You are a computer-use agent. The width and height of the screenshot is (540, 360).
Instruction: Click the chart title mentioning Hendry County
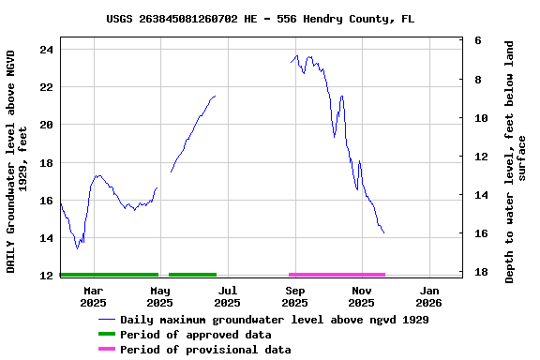[261, 19]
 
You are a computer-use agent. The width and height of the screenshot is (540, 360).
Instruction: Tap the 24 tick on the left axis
[46, 49]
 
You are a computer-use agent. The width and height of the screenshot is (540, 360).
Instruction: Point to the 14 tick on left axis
[46, 238]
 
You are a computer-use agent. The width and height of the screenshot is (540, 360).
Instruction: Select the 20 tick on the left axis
[46, 125]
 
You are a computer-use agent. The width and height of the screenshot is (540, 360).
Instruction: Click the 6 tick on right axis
[478, 41]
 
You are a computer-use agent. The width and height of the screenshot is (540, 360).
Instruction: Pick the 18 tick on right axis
[478, 272]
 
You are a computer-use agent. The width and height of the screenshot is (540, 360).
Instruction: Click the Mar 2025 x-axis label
[93, 296]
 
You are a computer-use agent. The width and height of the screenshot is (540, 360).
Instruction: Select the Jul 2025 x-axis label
[227, 296]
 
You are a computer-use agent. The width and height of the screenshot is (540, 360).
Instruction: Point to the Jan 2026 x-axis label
[428, 296]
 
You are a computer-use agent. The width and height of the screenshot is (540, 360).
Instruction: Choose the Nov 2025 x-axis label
[361, 296]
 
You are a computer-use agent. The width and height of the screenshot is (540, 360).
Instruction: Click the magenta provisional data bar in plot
[337, 275]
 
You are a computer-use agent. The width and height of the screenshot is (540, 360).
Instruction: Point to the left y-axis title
[16, 161]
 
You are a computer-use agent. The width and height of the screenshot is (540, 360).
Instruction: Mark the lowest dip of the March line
[78, 248]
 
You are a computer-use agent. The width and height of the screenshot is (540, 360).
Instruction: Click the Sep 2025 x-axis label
[294, 296]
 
